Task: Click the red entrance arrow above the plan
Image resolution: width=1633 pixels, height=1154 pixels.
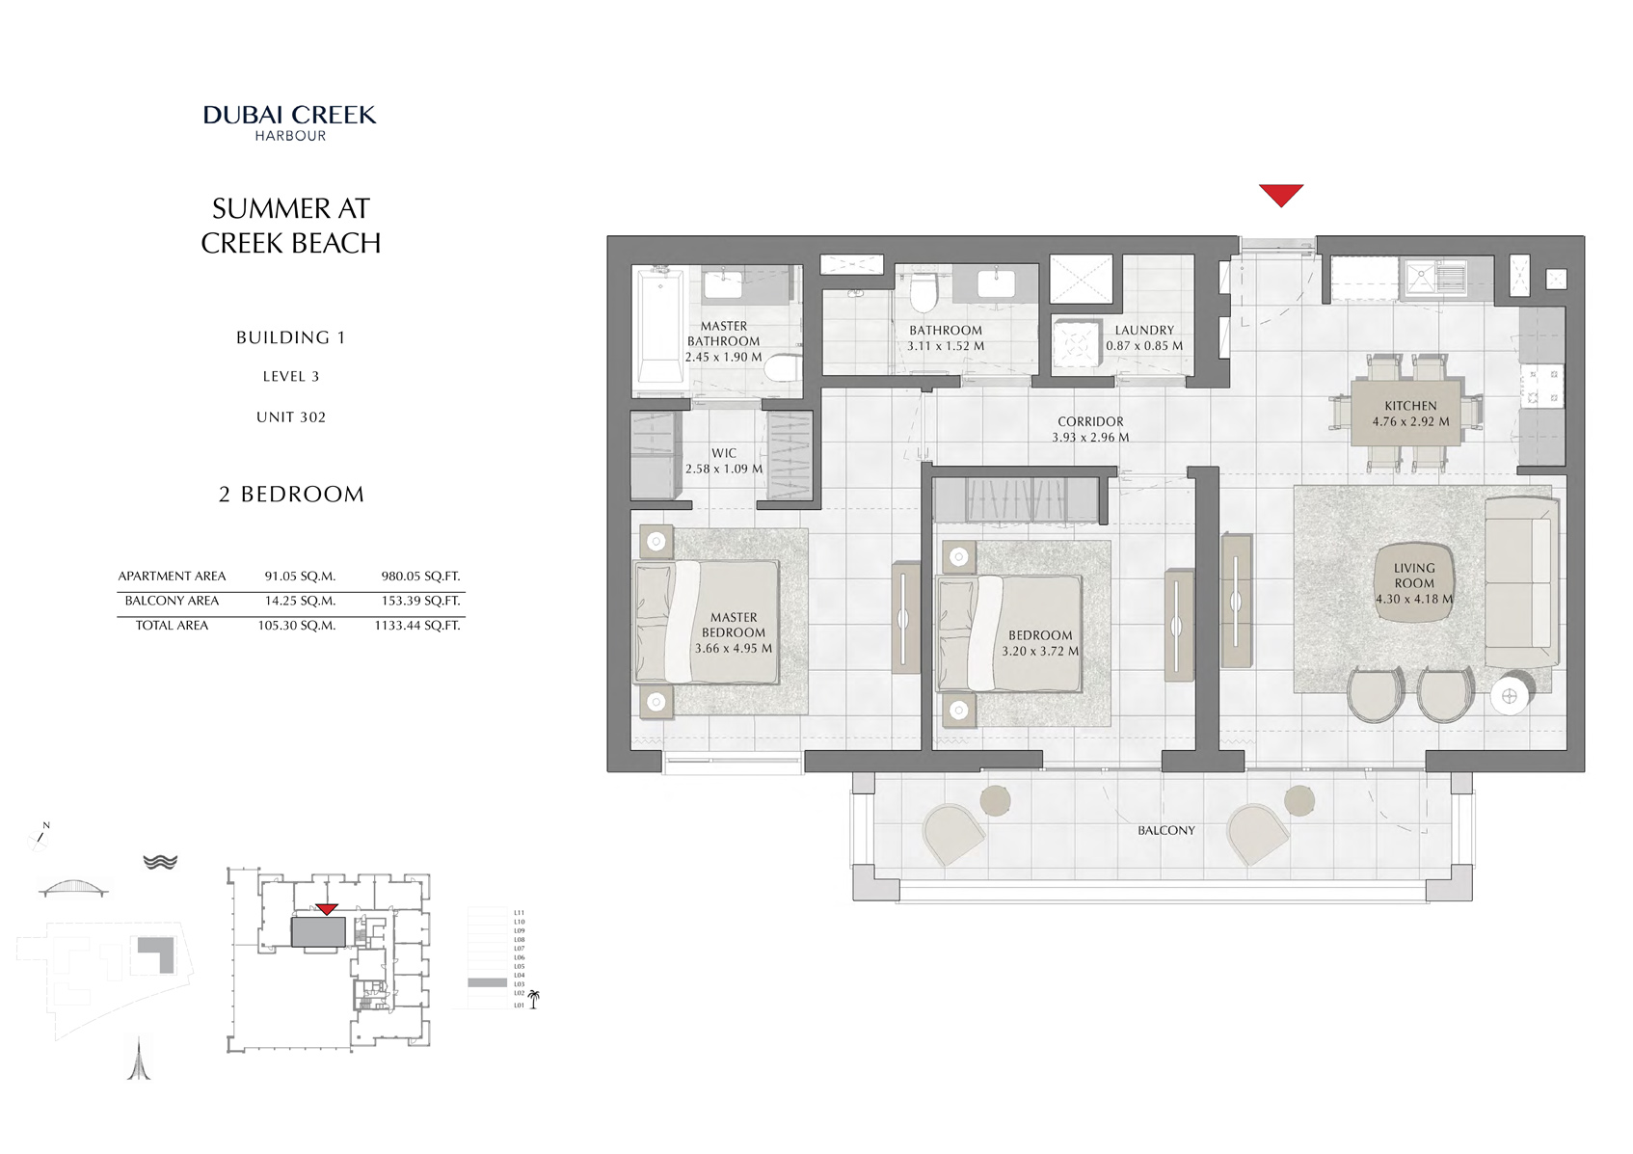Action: (x=1280, y=194)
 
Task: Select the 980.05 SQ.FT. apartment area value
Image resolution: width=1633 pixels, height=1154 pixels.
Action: (x=420, y=577)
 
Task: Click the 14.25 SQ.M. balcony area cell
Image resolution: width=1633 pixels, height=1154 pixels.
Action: (x=300, y=601)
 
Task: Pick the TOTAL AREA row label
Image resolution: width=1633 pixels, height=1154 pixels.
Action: (x=172, y=626)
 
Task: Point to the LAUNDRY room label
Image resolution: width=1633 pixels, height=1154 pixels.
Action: (x=1144, y=330)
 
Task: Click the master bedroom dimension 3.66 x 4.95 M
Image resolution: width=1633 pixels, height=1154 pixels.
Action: (x=734, y=649)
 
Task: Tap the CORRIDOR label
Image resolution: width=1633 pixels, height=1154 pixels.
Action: (x=1090, y=421)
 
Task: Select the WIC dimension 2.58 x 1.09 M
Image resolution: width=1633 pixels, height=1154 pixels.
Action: (x=724, y=470)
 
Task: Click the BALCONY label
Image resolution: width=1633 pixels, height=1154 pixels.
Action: (x=1165, y=830)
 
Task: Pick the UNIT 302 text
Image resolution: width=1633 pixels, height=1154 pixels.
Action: (x=291, y=417)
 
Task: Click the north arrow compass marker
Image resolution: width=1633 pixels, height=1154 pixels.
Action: (x=41, y=835)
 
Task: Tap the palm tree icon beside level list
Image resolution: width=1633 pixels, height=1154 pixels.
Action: (x=533, y=999)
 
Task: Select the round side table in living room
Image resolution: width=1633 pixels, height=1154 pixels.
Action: (x=1510, y=695)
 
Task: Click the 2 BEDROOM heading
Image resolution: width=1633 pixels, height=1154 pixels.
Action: (x=291, y=495)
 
